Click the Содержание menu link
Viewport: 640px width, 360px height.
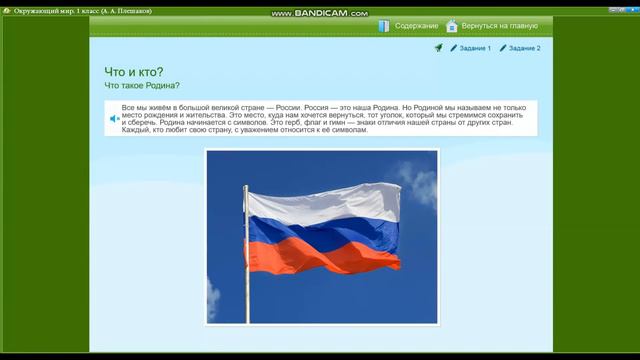pos(416,26)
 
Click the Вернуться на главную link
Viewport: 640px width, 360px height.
pos(499,26)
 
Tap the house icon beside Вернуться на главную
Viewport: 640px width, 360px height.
pos(452,26)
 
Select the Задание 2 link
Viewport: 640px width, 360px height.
pos(525,48)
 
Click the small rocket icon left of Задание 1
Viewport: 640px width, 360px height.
pos(438,48)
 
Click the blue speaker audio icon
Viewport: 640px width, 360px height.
pos(115,119)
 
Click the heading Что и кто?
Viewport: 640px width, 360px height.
pos(134,72)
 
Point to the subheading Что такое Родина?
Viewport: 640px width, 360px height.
pos(142,86)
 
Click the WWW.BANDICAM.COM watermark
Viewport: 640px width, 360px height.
pos(319,13)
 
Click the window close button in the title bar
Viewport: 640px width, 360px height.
pos(631,10)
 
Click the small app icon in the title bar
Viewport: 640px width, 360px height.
pos(6,10)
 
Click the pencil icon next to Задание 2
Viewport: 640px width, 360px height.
pos(503,48)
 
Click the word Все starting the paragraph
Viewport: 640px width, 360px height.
pos(128,105)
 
